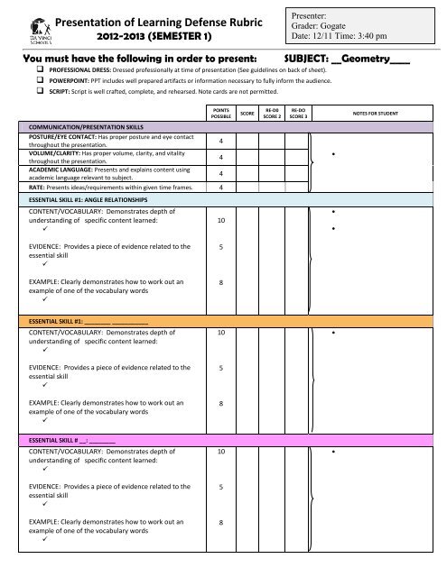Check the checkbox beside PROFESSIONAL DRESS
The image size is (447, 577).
41,69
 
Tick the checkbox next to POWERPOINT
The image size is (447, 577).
41,81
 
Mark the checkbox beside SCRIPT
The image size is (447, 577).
41,93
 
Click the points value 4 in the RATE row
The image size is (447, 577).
221,188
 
